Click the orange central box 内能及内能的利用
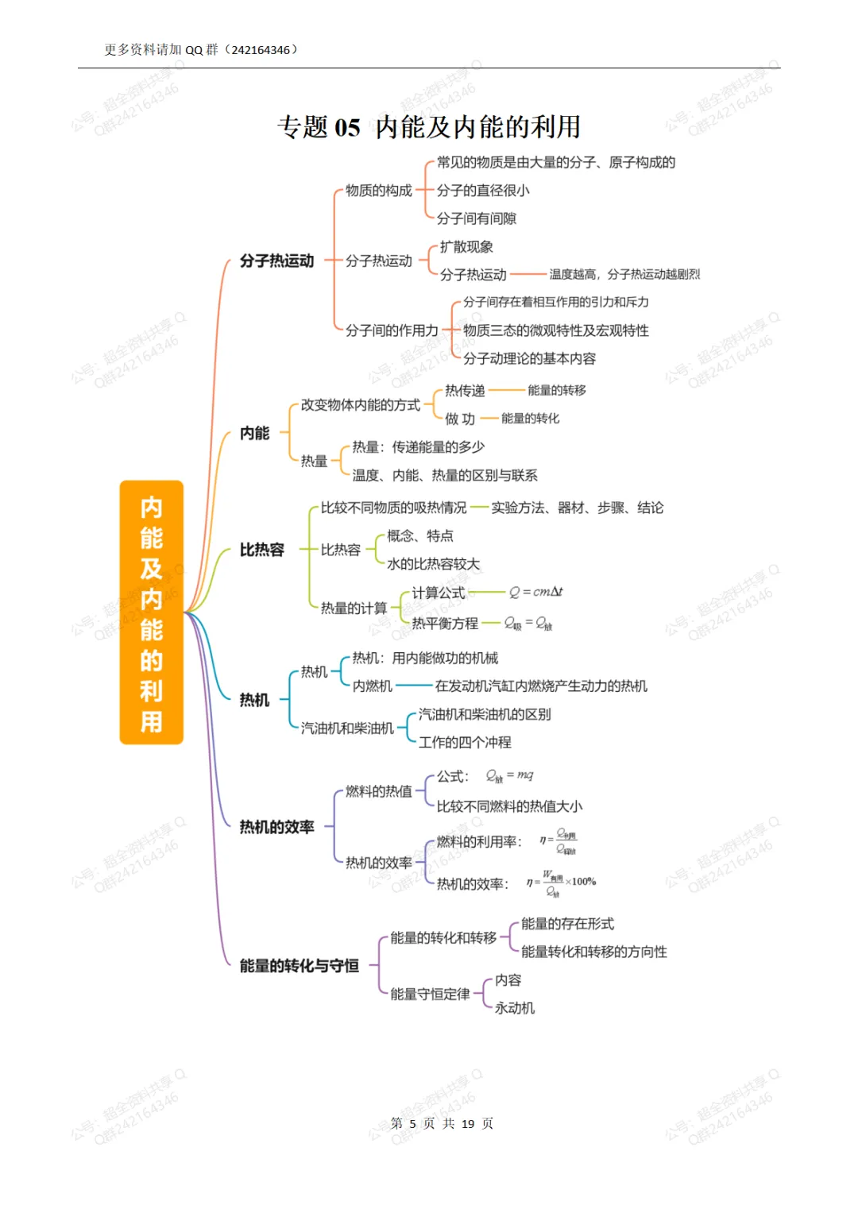coord(151,612)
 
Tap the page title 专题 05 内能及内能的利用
coord(429,127)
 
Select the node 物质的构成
coord(378,191)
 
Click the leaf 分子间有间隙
coord(477,218)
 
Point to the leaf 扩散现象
coord(466,247)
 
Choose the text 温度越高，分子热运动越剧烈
coord(624,275)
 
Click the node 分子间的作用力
coord(392,330)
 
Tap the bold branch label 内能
coord(254,433)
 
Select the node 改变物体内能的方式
coord(360,405)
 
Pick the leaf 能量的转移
coord(556,390)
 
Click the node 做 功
coord(459,419)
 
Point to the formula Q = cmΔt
coord(535,592)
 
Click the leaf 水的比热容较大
coord(433,564)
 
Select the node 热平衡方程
coord(445,624)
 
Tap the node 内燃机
coord(372,686)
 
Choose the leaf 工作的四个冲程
coord(465,742)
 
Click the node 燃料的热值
coord(378,791)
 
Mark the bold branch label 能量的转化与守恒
coord(299,966)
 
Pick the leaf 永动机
coord(515,1008)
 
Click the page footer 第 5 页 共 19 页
coord(442,1123)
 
